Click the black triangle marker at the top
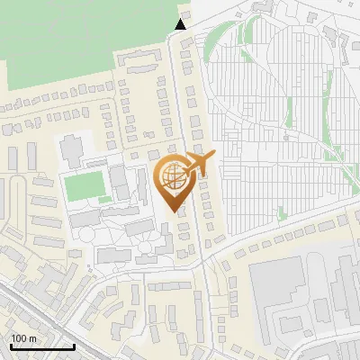click(x=181, y=24)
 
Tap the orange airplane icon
click(x=199, y=164)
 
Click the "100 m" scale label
click(x=23, y=337)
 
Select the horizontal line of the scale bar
click(x=41, y=346)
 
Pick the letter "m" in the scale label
click(x=31, y=337)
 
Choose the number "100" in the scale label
click(x=19, y=337)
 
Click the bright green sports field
click(x=84, y=186)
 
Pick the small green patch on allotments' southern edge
click(x=283, y=214)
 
